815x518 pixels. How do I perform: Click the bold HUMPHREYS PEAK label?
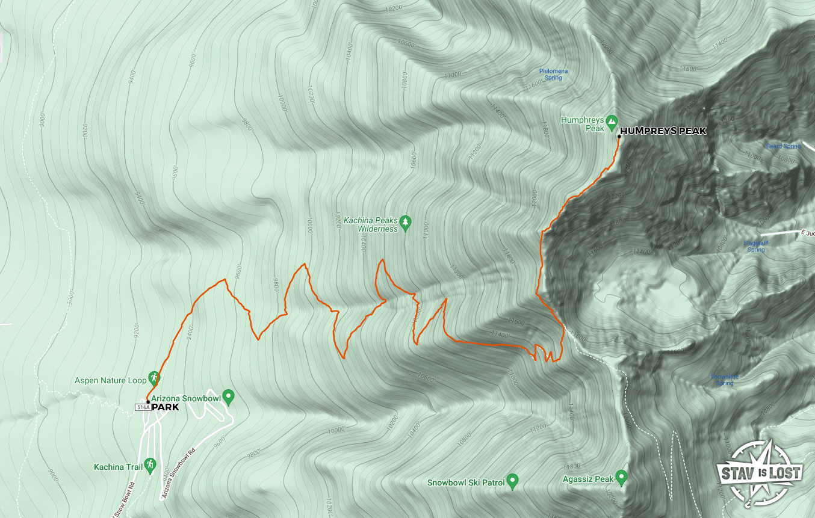[663, 131]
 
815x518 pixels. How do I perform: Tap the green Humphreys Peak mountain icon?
[612, 121]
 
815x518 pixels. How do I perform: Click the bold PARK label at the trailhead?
[165, 407]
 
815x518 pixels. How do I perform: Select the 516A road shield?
[143, 407]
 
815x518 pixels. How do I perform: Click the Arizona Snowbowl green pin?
[228, 396]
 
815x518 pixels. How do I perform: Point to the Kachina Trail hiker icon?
[150, 464]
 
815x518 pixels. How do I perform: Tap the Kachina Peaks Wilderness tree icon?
[406, 223]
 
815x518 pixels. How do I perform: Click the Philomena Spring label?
[553, 74]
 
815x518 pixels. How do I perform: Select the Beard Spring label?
[783, 146]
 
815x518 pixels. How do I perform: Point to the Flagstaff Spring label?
[755, 246]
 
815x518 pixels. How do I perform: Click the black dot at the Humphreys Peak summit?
[619, 137]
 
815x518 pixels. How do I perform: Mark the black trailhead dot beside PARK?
[147, 401]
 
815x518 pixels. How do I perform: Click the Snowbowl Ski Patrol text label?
[466, 483]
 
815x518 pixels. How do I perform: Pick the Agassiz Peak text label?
[588, 479]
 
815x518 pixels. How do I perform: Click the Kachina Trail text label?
[118, 467]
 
